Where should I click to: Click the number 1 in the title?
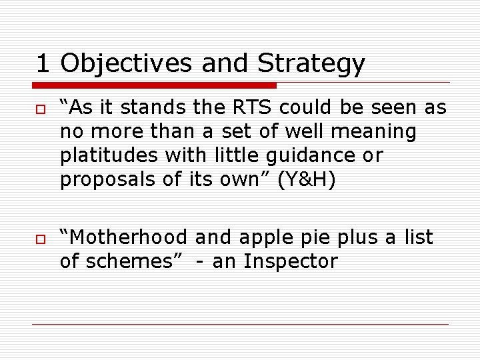(43, 64)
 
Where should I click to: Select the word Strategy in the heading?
(311, 64)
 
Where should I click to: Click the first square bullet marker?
(41, 108)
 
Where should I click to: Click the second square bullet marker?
(41, 238)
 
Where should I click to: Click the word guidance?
(305, 155)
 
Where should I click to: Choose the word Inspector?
(291, 261)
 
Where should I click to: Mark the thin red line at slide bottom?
(240, 325)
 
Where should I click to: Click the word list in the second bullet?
(418, 237)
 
